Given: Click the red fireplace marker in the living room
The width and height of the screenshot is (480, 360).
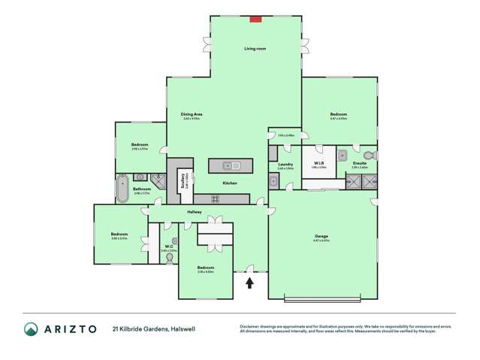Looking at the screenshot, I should point(255,19).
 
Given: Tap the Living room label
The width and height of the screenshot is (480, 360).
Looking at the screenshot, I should point(255,49).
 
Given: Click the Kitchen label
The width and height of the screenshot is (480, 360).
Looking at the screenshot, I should point(230,183).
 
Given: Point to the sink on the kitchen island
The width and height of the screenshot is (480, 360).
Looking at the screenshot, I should point(230,165).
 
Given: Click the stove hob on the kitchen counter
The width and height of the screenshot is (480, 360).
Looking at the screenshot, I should point(215,199).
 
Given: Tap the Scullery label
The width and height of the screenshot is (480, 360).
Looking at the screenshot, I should point(184,180).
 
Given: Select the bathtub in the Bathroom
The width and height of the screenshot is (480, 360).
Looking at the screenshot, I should point(122,189).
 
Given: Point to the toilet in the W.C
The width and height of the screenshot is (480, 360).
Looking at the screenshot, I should point(170,258).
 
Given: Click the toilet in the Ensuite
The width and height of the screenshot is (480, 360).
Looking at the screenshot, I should point(368,156).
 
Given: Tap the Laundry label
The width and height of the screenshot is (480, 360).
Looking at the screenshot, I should point(285,164).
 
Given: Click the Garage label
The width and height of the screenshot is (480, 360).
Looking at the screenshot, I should point(322,237).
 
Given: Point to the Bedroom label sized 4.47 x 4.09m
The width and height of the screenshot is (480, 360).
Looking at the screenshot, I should point(338,114).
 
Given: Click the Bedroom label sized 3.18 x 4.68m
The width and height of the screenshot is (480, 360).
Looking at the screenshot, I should point(206,268).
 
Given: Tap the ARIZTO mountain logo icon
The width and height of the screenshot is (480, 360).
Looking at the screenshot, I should point(32,329).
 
